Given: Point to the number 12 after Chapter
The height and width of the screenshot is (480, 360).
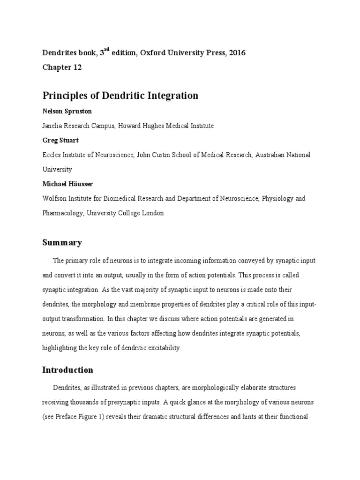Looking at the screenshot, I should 77,67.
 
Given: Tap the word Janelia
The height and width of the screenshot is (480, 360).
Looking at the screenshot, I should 52,126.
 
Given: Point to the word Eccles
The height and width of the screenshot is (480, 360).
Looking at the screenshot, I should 52,155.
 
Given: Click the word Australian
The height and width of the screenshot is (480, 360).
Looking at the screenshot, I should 272,155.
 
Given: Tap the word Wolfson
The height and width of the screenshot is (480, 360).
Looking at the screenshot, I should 54,198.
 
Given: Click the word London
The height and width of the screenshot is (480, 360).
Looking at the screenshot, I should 152,213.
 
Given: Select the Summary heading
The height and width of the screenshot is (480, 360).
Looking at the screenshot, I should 62,243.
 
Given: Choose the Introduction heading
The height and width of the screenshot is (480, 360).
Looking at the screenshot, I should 67,370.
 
